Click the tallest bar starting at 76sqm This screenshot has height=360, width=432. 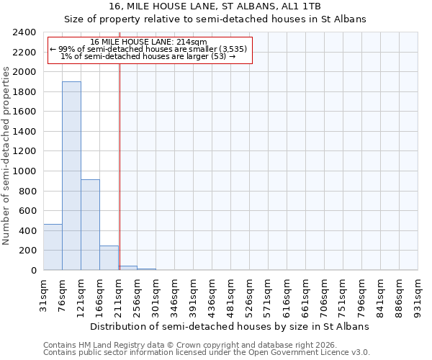71,176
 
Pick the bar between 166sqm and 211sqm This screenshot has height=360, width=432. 109,258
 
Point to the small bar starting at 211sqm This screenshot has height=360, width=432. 128,268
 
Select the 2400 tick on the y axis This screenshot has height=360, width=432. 24,32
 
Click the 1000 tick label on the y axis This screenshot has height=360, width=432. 24,171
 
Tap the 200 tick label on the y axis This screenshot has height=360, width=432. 27,251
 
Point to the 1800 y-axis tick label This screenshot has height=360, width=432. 24,92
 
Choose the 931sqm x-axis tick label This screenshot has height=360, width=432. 418,294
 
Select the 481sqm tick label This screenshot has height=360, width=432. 230,294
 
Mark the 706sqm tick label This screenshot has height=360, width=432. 324,294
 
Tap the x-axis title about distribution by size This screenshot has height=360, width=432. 230,326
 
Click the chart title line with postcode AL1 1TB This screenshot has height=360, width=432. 215,6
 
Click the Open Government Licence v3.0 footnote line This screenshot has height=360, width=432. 207,353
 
